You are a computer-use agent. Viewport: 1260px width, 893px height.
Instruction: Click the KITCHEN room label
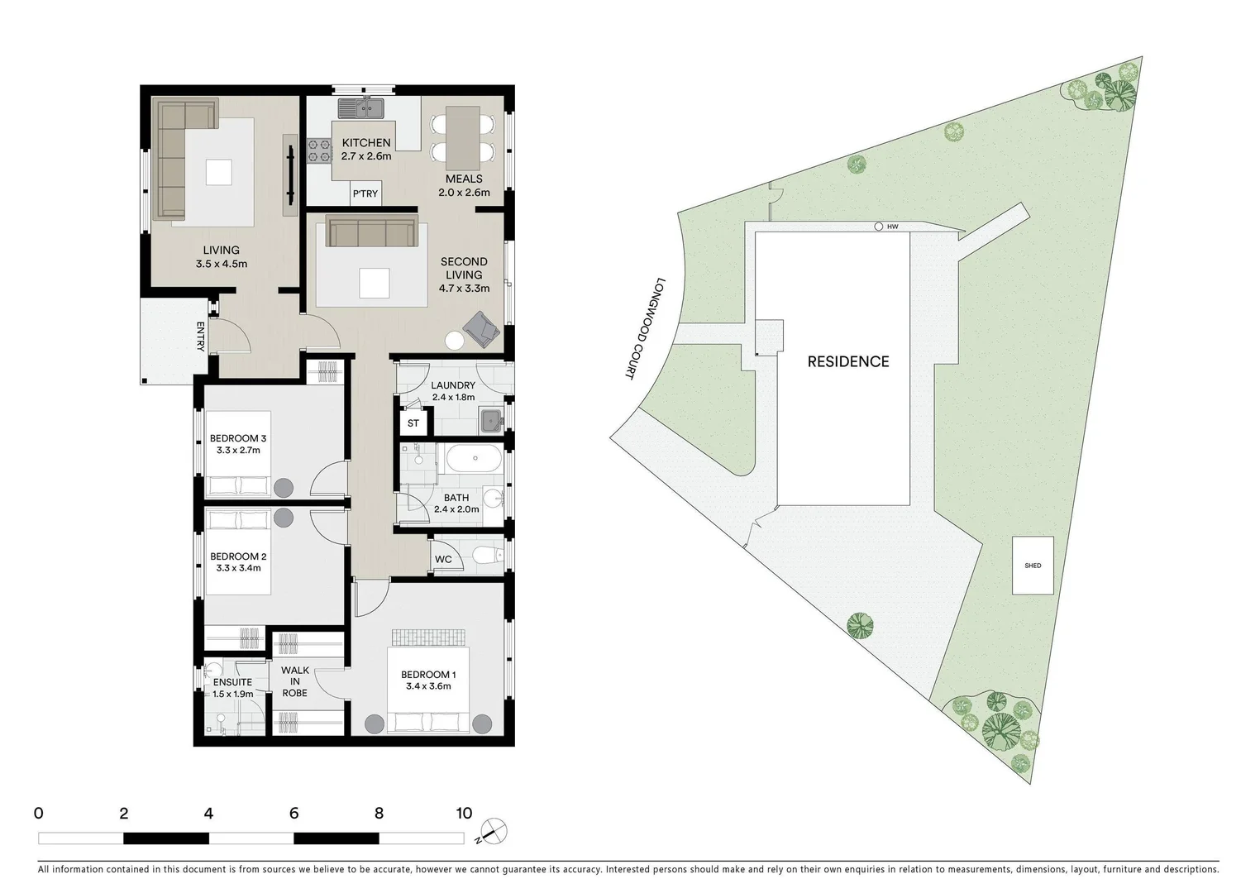(x=366, y=143)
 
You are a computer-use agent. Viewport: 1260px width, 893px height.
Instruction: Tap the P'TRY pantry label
(x=365, y=193)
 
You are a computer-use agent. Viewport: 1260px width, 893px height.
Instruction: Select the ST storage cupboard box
(x=413, y=423)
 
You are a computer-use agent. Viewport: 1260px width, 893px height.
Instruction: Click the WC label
(x=443, y=560)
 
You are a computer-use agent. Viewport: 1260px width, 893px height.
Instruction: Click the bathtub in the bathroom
(x=472, y=459)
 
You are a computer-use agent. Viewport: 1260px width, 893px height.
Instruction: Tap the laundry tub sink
(x=491, y=422)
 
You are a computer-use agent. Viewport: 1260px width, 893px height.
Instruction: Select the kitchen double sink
(x=360, y=107)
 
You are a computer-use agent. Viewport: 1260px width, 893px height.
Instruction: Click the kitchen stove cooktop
(x=318, y=150)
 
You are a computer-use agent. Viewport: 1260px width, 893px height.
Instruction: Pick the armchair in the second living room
(x=481, y=328)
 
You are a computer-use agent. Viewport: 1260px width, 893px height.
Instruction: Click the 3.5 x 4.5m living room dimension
(x=222, y=265)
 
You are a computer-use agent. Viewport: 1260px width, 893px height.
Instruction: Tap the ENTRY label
(x=200, y=337)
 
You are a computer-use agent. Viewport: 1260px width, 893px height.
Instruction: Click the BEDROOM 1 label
(x=428, y=675)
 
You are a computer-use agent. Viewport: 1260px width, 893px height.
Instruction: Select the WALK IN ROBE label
(x=295, y=681)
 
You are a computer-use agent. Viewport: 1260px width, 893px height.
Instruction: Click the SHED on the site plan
(x=1033, y=566)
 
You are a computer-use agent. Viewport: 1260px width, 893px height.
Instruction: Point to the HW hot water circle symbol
(x=878, y=227)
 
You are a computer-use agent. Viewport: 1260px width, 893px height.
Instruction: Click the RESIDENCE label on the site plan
(x=848, y=361)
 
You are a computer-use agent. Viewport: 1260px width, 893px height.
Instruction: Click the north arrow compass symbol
(x=495, y=831)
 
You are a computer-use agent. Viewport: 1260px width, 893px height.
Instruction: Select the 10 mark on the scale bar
(x=464, y=814)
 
